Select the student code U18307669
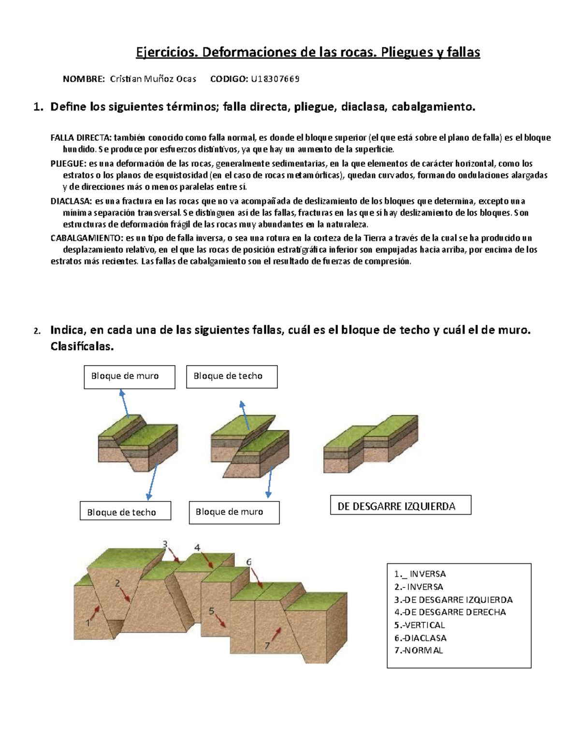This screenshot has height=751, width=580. click(275, 79)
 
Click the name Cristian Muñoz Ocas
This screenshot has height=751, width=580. click(153, 79)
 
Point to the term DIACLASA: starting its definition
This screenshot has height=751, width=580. click(71, 201)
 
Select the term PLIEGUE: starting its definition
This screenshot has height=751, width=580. click(69, 163)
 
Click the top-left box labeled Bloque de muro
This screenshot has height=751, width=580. click(129, 376)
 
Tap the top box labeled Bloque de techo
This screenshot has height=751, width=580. click(232, 376)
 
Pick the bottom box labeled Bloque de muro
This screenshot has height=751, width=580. click(234, 512)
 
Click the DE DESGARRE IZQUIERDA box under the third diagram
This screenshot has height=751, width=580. click(400, 506)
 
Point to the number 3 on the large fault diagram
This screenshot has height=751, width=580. click(165, 545)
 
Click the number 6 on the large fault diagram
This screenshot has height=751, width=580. click(249, 562)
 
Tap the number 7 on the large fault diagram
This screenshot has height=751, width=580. click(267, 646)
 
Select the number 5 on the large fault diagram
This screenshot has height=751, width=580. click(211, 611)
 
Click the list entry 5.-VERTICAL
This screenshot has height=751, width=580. click(420, 625)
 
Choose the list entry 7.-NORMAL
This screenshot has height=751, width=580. click(419, 650)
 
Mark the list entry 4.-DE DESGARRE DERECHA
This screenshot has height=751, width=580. click(450, 612)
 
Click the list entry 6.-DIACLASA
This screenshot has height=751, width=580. click(420, 638)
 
